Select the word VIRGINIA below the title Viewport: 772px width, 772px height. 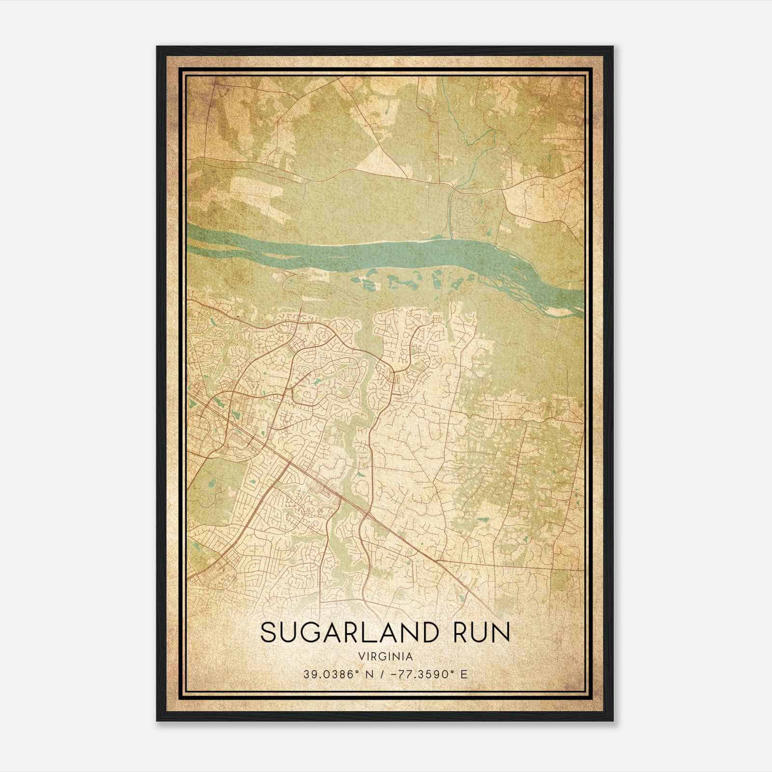pos(385,657)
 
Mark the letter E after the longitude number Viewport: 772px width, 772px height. pos(464,674)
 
